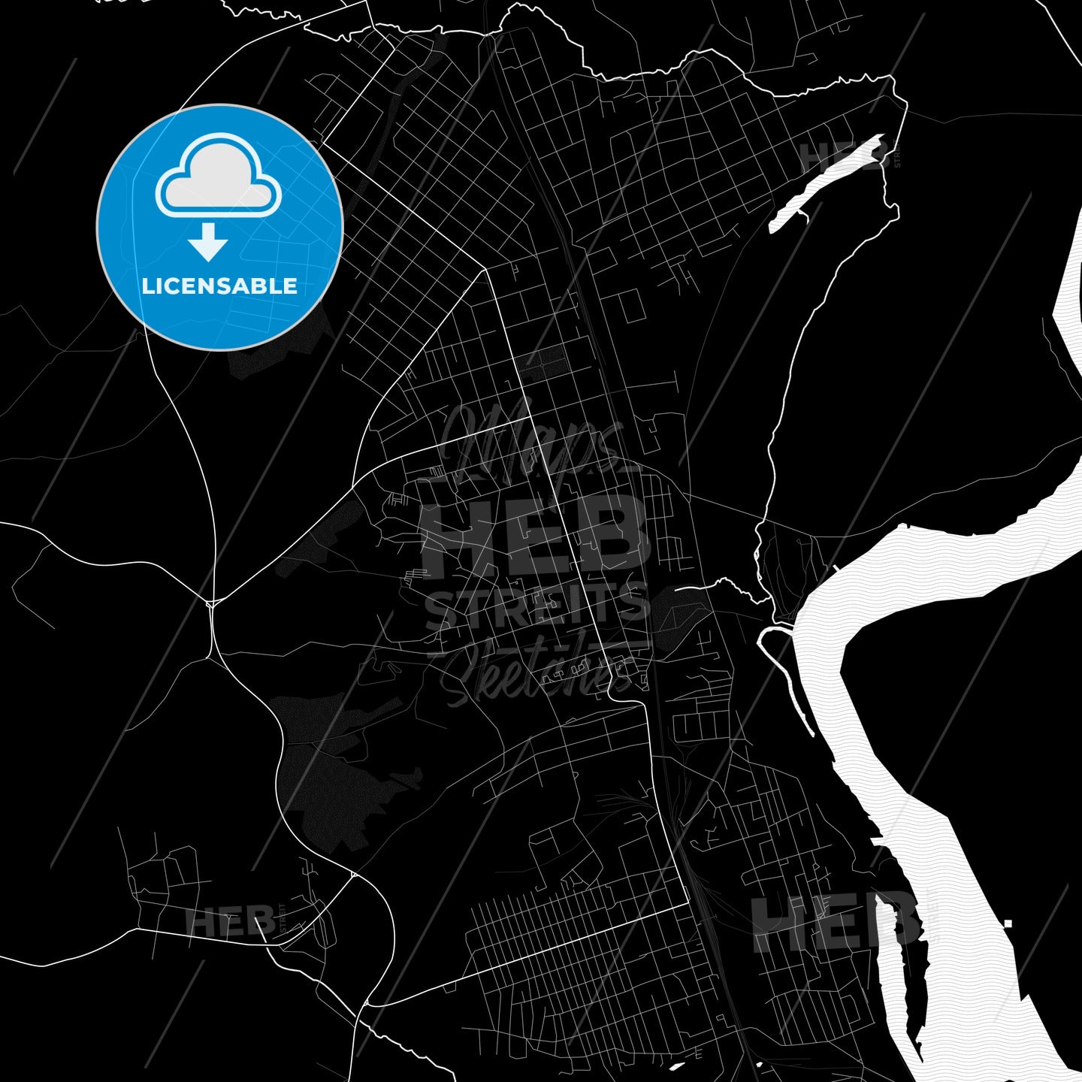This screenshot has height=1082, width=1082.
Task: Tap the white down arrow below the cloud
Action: coord(208,241)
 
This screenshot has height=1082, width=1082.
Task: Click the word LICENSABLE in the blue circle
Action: coord(219,286)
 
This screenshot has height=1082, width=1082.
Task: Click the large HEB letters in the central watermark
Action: coord(536,534)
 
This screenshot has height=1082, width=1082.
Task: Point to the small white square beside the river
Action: coord(1008,923)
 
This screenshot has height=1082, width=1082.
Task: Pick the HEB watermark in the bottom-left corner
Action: coord(229,922)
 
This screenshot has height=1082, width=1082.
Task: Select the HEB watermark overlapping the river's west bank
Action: coord(834,920)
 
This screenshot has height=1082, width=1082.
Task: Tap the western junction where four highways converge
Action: coord(211,603)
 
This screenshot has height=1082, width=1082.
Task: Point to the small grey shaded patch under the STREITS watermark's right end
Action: coord(676,612)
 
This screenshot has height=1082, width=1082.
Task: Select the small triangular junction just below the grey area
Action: coord(353,875)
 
